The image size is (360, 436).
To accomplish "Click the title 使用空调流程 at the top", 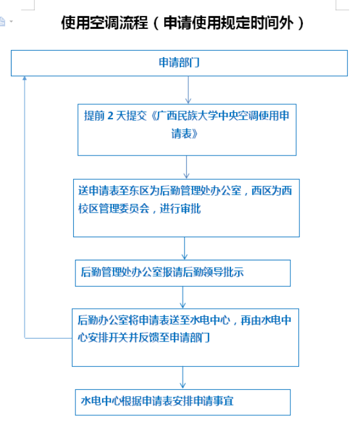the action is [104, 22].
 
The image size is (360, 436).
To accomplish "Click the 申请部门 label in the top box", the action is [179, 63].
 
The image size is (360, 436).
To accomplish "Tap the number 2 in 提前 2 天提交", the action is [110, 116].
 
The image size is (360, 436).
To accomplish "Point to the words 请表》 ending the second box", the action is [184, 134].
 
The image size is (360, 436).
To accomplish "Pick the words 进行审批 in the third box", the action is [180, 208].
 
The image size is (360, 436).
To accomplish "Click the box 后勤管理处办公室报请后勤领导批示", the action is [183, 273].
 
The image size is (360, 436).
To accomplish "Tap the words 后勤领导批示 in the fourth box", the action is [213, 272].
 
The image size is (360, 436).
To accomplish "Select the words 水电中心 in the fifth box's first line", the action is [210, 320].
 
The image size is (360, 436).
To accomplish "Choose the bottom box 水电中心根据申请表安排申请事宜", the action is [183, 403].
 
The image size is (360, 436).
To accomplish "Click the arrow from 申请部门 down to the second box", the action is [188, 90].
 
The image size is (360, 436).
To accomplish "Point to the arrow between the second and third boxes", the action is [186, 167].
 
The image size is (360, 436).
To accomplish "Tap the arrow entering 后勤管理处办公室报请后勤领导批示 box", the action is [184, 248].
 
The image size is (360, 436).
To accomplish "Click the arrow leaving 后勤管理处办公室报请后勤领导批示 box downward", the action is [183, 297].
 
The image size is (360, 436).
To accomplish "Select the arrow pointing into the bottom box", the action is [183, 378].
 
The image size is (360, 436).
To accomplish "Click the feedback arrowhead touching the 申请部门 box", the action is [24, 78].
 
